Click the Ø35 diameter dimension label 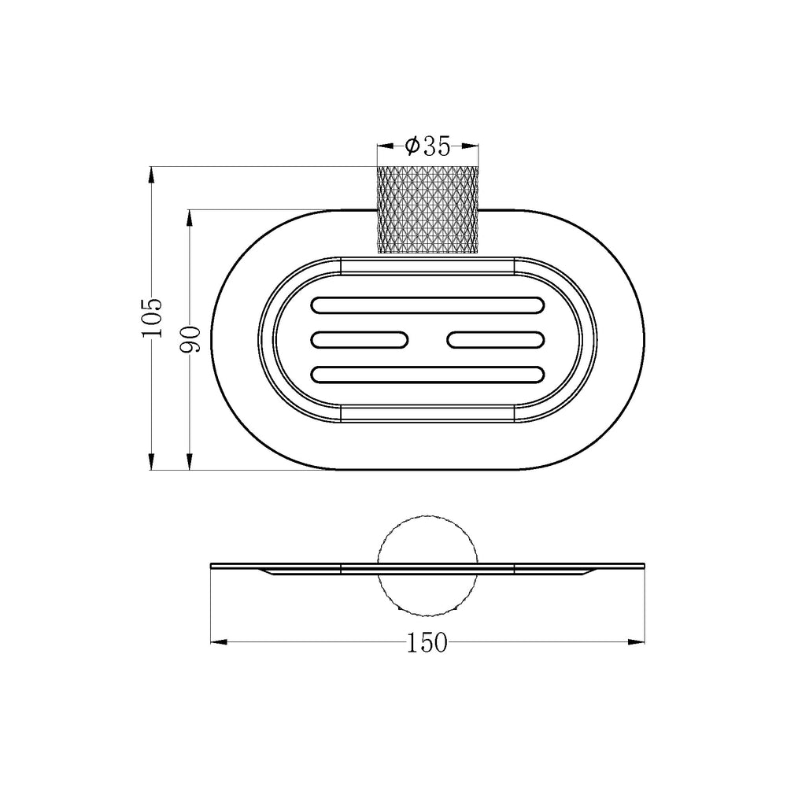(x=428, y=146)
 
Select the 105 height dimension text (x=152, y=318)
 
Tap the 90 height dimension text (x=190, y=339)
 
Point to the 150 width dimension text (x=427, y=642)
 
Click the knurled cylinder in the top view (x=427, y=209)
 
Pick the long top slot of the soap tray (x=427, y=305)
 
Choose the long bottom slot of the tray (x=427, y=375)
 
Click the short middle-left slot (x=360, y=340)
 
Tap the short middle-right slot (x=496, y=340)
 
